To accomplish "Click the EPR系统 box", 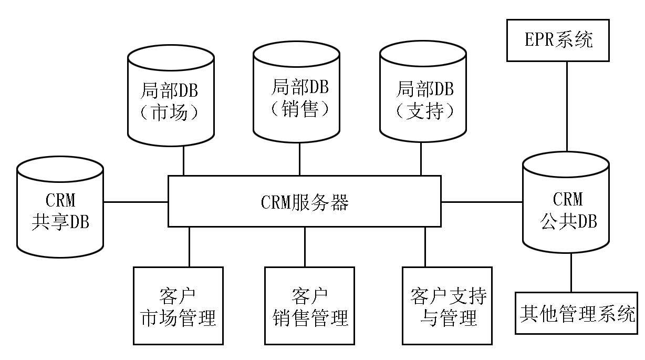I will click(558, 40).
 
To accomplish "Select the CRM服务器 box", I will click(304, 201).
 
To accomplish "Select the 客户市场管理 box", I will click(178, 305).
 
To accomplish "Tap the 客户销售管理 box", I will click(310, 305).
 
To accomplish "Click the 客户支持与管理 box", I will click(447, 305).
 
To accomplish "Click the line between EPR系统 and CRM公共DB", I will click(567, 105).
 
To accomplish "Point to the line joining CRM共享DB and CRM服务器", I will click(136, 201).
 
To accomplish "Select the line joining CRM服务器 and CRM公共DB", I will click(482, 201).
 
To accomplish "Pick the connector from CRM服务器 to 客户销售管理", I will click(305, 246).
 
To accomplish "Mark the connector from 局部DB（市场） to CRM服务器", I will click(183, 160).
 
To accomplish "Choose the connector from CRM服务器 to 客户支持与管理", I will click(425, 246).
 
